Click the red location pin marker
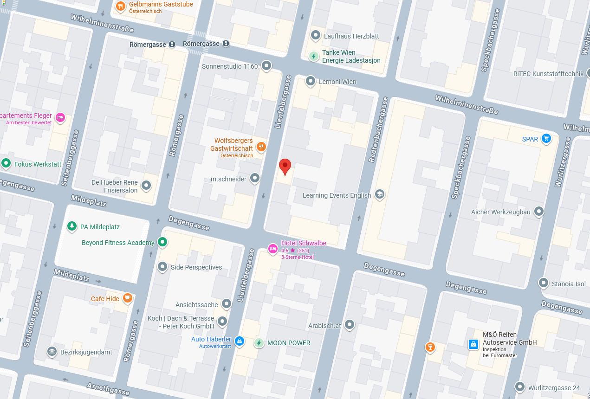(285, 166)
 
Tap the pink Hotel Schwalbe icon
(273, 249)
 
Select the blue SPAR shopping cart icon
(546, 138)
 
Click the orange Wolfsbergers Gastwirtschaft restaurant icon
(261, 147)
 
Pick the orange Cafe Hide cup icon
(128, 298)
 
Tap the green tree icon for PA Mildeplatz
(71, 226)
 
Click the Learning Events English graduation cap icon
(380, 194)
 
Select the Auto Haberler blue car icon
(239, 341)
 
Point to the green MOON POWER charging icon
(259, 343)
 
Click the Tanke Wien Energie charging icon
(314, 56)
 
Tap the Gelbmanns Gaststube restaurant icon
(121, 6)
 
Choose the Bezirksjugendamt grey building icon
(52, 351)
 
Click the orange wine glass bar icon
(430, 347)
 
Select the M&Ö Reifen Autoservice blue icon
(473, 344)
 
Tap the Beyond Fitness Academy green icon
(162, 242)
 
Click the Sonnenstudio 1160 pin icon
(266, 65)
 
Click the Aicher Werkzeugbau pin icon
(539, 211)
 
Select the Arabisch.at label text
(324, 326)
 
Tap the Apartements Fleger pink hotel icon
(60, 117)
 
